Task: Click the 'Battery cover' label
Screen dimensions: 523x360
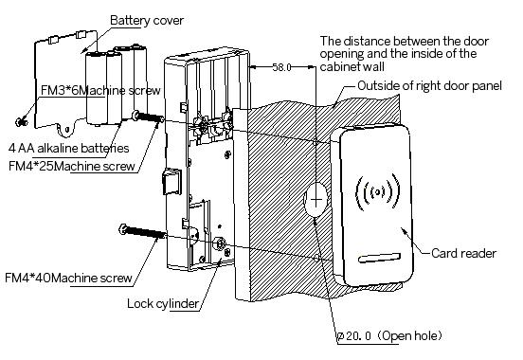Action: point(147,21)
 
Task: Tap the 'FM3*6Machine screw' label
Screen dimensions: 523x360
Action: point(100,90)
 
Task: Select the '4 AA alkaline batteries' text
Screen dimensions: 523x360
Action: point(69,148)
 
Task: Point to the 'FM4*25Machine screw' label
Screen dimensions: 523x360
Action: point(72,166)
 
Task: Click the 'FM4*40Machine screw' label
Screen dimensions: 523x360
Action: point(69,278)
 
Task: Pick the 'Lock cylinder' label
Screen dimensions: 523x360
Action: point(163,303)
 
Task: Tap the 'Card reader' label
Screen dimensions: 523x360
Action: point(463,253)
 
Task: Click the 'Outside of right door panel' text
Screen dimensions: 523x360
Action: point(429,86)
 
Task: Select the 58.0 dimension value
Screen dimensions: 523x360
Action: point(281,67)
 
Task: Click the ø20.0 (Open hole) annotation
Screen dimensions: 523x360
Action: point(389,335)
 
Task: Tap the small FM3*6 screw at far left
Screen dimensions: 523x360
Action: point(22,122)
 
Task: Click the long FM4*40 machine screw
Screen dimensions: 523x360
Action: point(143,231)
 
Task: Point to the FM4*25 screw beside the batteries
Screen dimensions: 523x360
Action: point(148,117)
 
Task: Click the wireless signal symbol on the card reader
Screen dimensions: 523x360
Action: point(378,192)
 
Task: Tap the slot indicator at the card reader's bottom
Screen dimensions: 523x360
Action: point(379,258)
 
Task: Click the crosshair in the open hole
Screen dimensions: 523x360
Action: point(316,200)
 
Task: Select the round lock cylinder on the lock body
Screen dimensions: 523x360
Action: point(220,243)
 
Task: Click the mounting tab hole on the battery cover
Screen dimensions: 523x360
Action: point(67,129)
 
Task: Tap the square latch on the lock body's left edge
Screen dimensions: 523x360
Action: point(171,182)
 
